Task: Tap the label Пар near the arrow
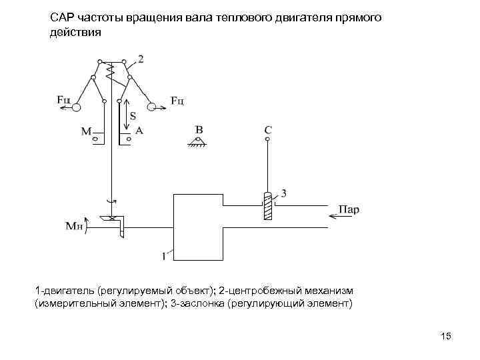pyautogui.click(x=349, y=209)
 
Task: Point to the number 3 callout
pyautogui.click(x=284, y=193)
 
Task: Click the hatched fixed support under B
pyautogui.click(x=197, y=142)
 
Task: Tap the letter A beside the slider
pyautogui.click(x=139, y=131)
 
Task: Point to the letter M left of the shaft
pyautogui.click(x=87, y=132)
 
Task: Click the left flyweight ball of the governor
pyautogui.click(x=77, y=107)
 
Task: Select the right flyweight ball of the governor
pyautogui.click(x=153, y=107)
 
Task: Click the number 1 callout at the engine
pyautogui.click(x=162, y=254)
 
